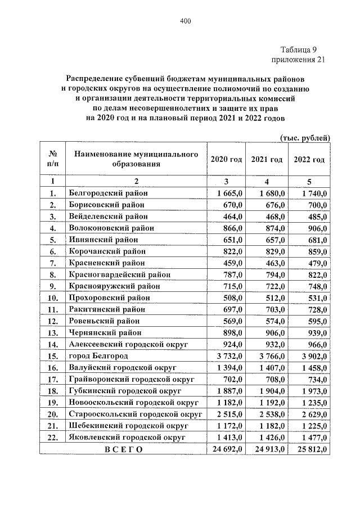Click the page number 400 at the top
(x=186, y=22)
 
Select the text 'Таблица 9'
(x=298, y=49)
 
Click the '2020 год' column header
(x=226, y=160)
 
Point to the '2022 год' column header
(x=309, y=160)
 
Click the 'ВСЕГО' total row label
(x=121, y=449)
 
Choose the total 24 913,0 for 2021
(x=267, y=449)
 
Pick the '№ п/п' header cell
(x=52, y=160)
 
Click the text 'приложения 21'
(x=298, y=60)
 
